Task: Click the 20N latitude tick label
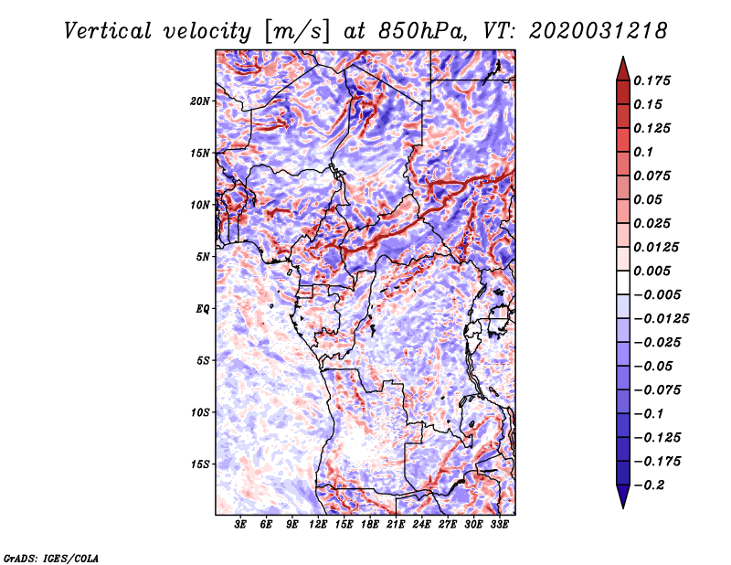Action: pyautogui.click(x=200, y=101)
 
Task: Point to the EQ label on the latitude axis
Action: pyautogui.click(x=203, y=308)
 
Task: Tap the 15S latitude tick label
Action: pyautogui.click(x=200, y=464)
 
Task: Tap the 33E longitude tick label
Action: pyautogui.click(x=500, y=525)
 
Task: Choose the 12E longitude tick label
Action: pyautogui.click(x=319, y=525)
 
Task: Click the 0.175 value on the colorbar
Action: pyautogui.click(x=654, y=80)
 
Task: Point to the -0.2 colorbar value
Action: pyautogui.click(x=651, y=485)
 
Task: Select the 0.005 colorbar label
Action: pyautogui.click(x=654, y=271)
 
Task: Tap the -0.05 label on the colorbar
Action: pyautogui.click(x=654, y=366)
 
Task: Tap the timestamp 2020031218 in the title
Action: pyautogui.click(x=589, y=30)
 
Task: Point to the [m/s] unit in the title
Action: pyautogui.click(x=295, y=30)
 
